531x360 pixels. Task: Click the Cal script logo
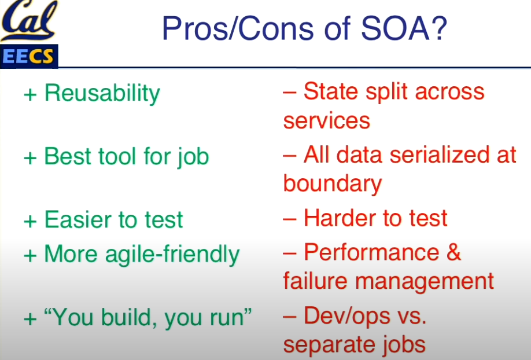(x=29, y=20)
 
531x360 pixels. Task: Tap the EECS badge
(x=29, y=56)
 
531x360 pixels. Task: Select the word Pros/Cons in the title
(x=238, y=28)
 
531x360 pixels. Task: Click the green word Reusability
(x=102, y=93)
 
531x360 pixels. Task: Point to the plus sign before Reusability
(x=30, y=94)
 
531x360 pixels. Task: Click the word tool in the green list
(x=117, y=156)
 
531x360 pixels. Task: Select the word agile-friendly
(x=172, y=254)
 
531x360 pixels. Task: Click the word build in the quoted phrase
(x=126, y=317)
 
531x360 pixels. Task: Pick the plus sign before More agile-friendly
(x=30, y=255)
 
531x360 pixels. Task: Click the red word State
(x=331, y=91)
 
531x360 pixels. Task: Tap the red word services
(x=327, y=122)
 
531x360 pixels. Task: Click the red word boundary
(x=333, y=184)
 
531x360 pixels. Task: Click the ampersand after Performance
(x=454, y=252)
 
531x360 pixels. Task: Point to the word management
(x=425, y=282)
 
